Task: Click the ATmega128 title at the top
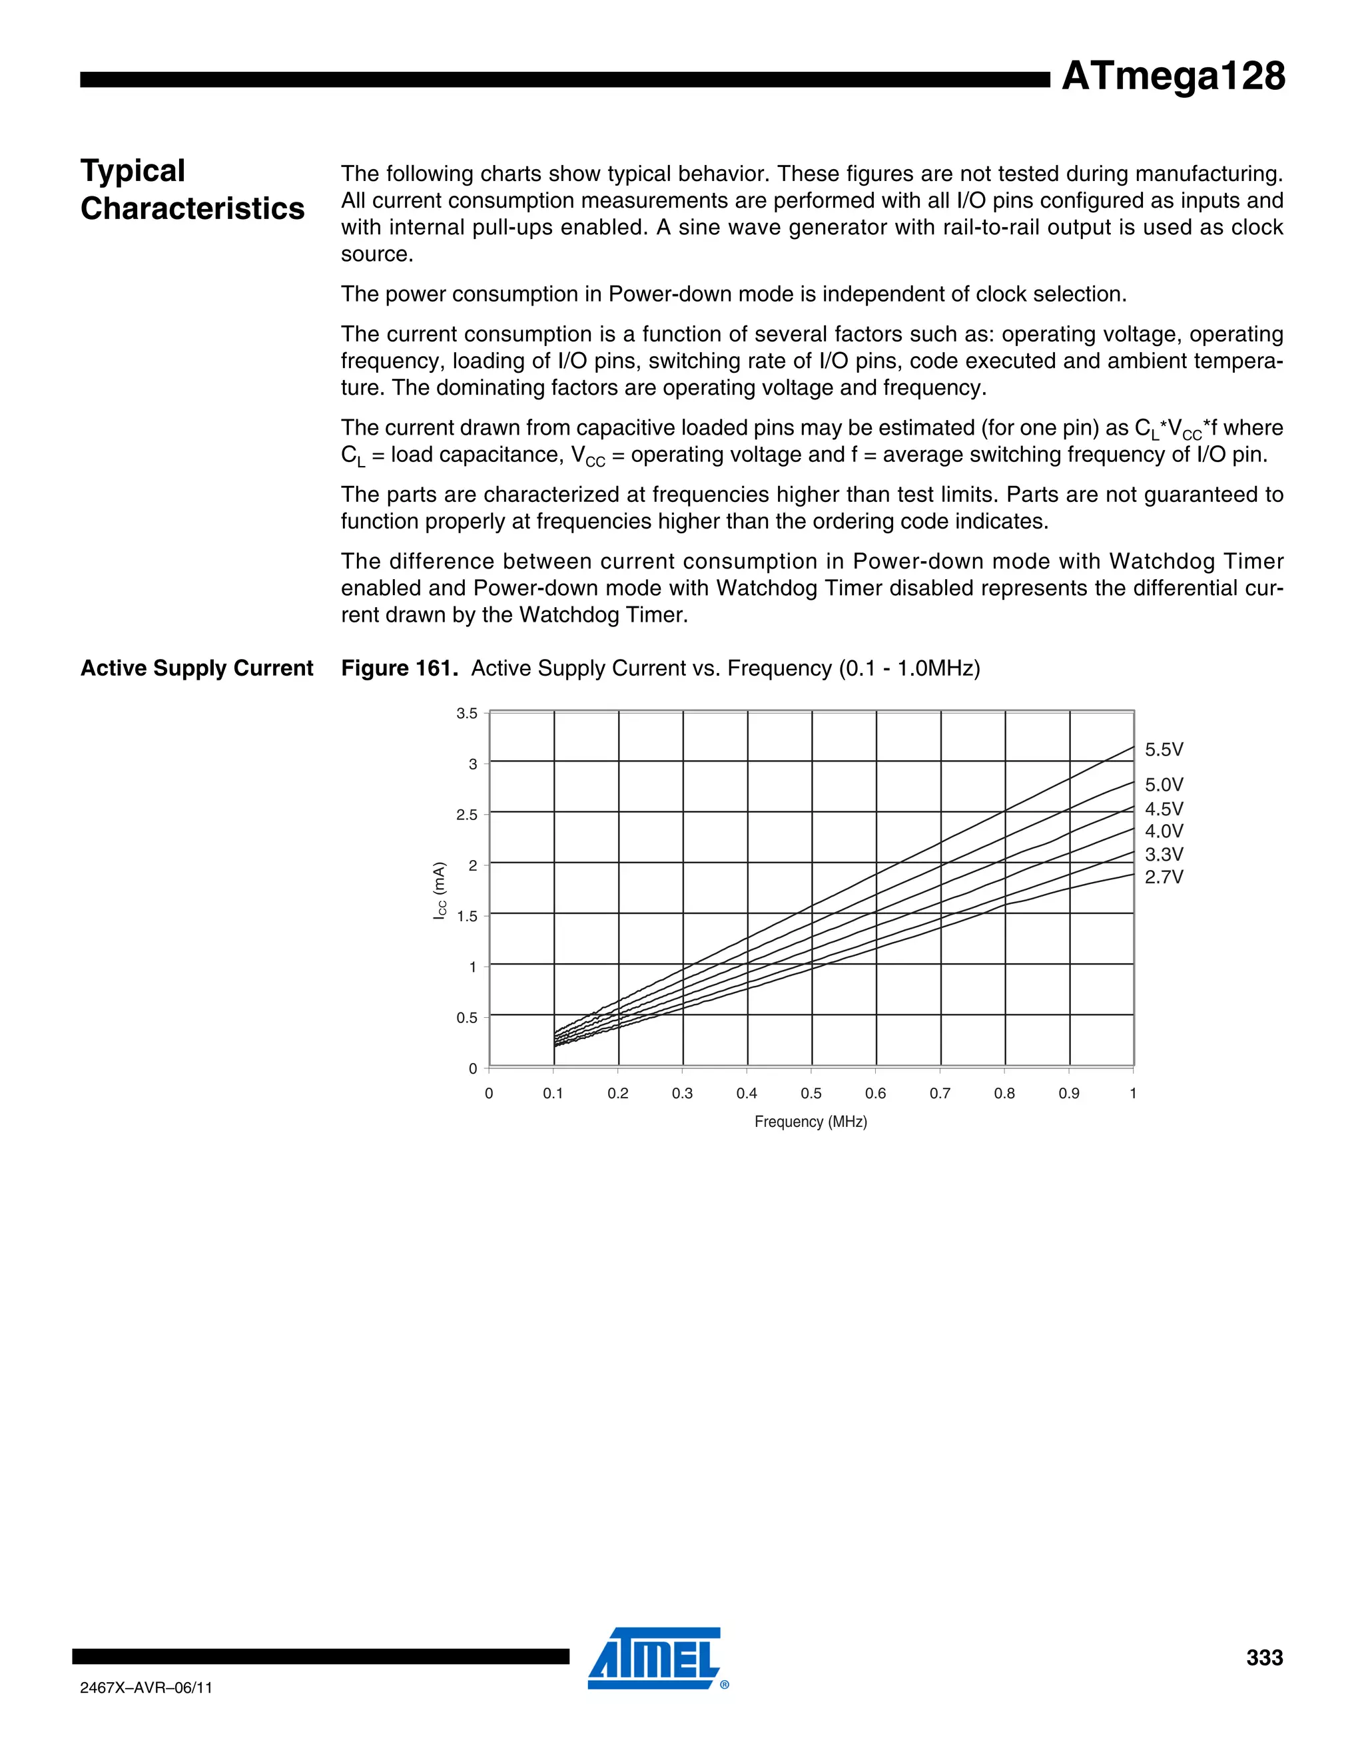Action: [x=1172, y=76]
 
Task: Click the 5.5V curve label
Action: [x=1164, y=750]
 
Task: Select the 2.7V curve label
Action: [x=1164, y=877]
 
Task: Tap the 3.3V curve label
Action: [x=1164, y=855]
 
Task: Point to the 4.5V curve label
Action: [x=1164, y=809]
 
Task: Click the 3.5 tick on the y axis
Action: [x=467, y=713]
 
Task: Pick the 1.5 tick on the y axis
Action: [x=467, y=916]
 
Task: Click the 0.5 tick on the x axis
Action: [x=811, y=1094]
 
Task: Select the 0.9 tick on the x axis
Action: [x=1068, y=1094]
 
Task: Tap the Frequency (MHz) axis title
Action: [x=811, y=1122]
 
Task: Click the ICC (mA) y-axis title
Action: [x=440, y=890]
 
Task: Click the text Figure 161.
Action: [x=399, y=669]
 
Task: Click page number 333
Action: [x=1264, y=1657]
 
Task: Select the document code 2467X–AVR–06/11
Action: [x=147, y=1688]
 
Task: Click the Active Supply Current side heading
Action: [x=196, y=669]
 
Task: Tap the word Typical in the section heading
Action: [x=133, y=171]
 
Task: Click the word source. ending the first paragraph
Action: [x=376, y=254]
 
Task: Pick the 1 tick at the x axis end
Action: [x=1133, y=1094]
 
